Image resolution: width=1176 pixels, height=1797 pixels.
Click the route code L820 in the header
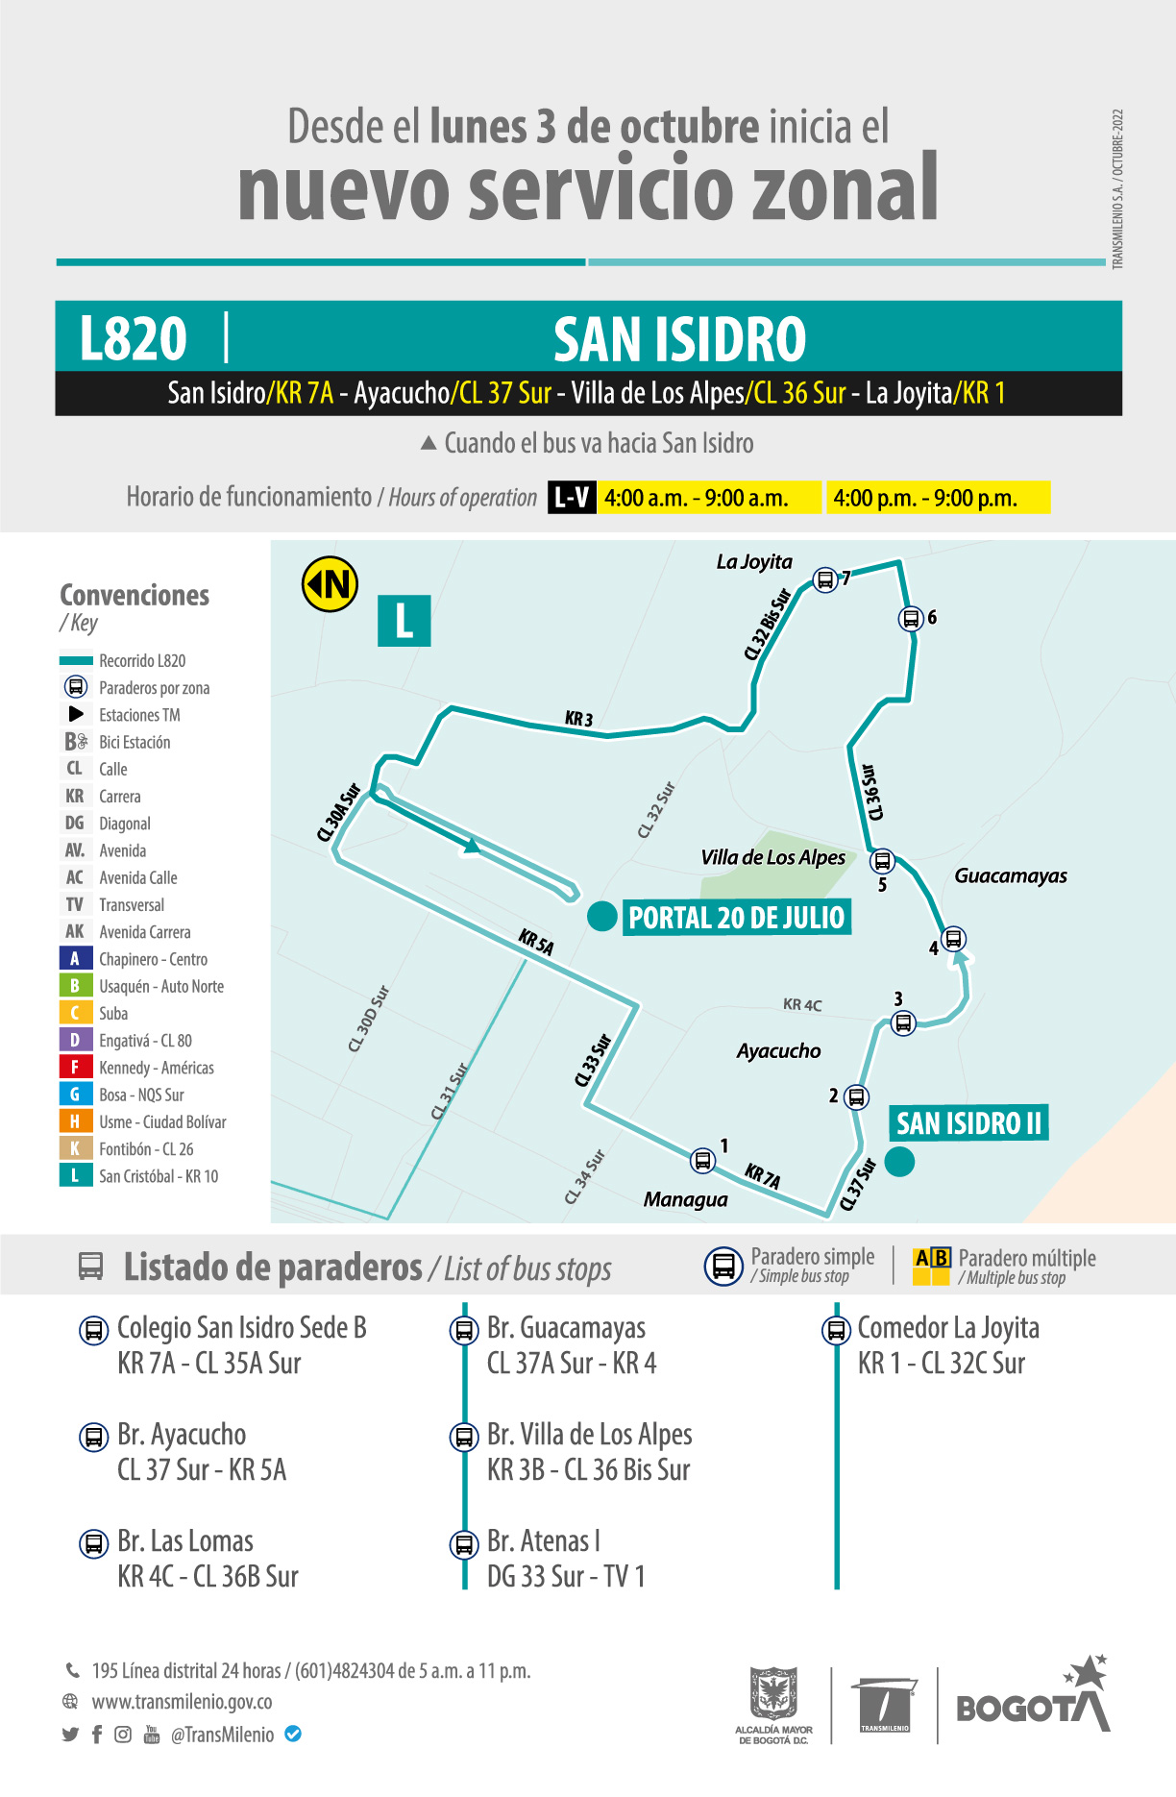(133, 338)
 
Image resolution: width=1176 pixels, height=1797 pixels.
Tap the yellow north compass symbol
(330, 583)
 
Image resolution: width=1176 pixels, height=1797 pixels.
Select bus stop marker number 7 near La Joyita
(824, 579)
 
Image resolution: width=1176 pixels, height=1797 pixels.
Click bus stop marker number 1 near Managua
(703, 1160)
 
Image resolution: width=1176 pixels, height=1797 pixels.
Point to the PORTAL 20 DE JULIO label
(736, 918)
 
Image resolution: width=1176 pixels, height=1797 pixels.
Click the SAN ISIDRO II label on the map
(968, 1122)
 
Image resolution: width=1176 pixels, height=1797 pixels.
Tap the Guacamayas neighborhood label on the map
(1010, 875)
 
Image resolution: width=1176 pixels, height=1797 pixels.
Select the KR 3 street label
(578, 719)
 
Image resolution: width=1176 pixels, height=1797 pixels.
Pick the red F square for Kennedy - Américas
(75, 1067)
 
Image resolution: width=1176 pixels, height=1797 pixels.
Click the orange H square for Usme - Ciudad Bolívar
(75, 1121)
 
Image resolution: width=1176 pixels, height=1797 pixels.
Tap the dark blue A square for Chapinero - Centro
(75, 958)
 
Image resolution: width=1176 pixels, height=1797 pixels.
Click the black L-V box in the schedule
(572, 498)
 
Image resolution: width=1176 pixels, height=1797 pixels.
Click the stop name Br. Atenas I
(543, 1540)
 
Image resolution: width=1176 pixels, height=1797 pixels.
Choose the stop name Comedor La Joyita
(947, 1327)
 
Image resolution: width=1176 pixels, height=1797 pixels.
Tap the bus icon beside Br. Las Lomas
(93, 1543)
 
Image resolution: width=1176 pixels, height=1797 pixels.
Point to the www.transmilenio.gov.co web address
(182, 1702)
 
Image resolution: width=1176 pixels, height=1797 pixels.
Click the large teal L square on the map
(404, 620)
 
